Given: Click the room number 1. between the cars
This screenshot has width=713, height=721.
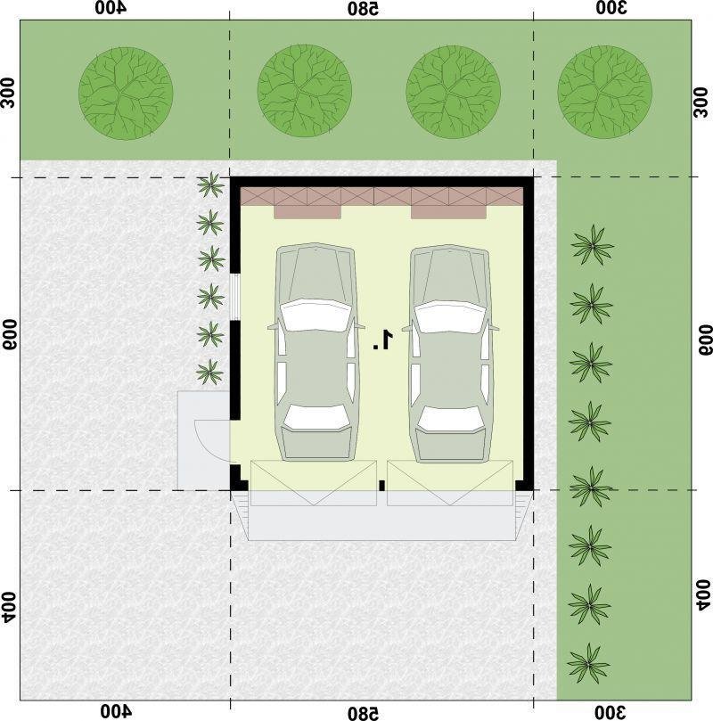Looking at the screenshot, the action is click(x=383, y=340).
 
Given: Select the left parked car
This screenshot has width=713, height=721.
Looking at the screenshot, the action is click(x=316, y=352).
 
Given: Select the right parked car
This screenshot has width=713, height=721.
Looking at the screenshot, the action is click(x=450, y=353).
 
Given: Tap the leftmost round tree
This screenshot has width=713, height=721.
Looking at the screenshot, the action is click(x=126, y=93).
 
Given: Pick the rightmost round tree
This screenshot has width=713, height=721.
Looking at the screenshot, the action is click(x=604, y=92).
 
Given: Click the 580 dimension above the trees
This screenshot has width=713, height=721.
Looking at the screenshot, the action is click(x=363, y=8).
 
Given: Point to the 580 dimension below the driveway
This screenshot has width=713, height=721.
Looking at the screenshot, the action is click(x=363, y=713).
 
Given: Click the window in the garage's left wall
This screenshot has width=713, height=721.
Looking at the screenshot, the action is click(x=235, y=297).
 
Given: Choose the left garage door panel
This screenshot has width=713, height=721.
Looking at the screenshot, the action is click(x=314, y=483).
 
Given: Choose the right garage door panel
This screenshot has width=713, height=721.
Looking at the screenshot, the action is click(x=450, y=483).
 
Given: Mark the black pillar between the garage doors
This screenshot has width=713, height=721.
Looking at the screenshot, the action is click(x=381, y=486).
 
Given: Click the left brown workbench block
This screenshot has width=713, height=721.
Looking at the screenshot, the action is click(x=307, y=211).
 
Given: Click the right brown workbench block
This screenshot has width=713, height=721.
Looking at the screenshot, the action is click(x=448, y=211).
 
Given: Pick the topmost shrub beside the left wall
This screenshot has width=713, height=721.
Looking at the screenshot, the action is click(x=210, y=184).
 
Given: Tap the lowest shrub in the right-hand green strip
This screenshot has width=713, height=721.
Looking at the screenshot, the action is click(x=588, y=663).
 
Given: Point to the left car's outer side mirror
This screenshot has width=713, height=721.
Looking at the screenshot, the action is click(x=273, y=327).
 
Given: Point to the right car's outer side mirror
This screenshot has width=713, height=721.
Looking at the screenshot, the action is click(x=494, y=327).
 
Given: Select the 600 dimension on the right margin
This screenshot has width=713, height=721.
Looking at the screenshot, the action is click(x=705, y=340).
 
